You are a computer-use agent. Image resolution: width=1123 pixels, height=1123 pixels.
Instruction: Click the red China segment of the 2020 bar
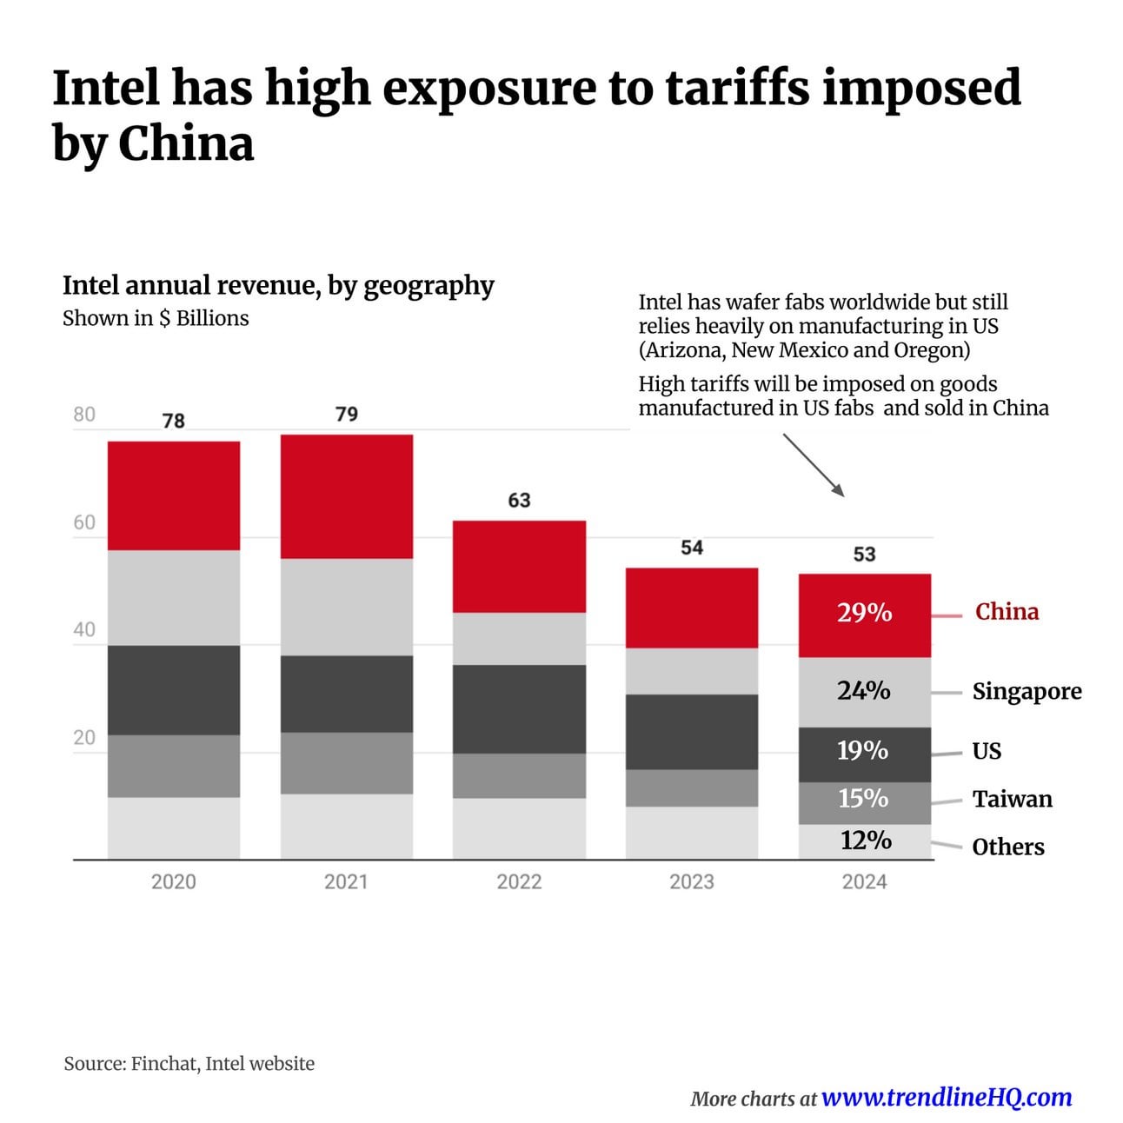pos(174,495)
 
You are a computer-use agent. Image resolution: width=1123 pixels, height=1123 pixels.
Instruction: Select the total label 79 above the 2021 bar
pos(347,415)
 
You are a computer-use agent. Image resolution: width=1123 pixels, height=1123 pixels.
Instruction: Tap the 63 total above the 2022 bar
pos(519,501)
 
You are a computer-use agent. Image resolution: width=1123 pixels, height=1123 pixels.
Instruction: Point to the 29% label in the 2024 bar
pos(864,613)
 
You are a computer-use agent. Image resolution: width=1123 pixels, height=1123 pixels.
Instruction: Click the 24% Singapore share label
pos(863,691)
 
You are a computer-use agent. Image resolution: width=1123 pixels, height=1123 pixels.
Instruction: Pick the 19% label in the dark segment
pos(862,751)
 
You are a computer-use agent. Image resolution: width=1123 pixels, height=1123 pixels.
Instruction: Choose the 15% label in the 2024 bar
pos(863,799)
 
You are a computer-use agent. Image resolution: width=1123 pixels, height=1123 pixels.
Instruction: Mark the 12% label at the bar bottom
pos(866,841)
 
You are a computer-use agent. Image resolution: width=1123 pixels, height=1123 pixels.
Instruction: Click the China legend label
pos(1007,612)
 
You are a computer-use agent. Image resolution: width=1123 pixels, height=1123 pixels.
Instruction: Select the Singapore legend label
pos(1027,692)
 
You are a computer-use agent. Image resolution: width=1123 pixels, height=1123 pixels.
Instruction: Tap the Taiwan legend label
pos(1012,800)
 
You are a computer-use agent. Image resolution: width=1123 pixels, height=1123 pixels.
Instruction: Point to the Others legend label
pos(1008,847)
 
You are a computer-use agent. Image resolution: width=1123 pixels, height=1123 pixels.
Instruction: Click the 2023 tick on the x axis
pos(692,882)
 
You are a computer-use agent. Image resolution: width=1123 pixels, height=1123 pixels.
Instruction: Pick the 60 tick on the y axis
pos(84,522)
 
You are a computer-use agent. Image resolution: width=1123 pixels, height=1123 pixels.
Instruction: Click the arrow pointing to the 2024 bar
pos(814,466)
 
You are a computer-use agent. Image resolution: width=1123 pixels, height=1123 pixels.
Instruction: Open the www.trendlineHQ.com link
pos(947,1098)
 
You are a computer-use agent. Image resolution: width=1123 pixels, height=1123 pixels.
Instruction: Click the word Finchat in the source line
pos(163,1064)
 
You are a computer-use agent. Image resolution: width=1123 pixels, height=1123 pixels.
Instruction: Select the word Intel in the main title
pos(106,88)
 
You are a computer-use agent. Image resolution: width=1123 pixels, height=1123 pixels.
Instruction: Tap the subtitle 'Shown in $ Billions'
pos(156,319)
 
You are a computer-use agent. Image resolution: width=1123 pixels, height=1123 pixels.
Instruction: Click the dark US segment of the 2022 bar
pos(519,709)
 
